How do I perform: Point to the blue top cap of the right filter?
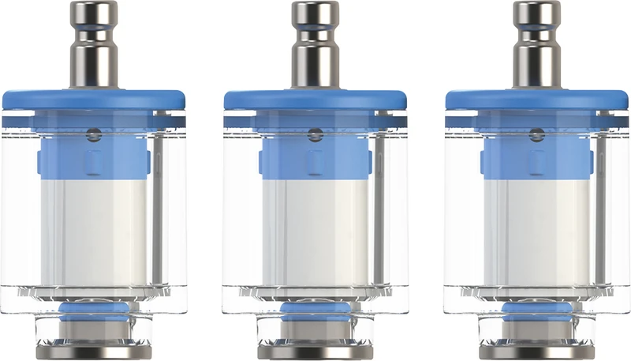[x=536, y=99]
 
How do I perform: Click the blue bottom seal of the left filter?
[x=93, y=307]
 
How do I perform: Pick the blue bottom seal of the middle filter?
[x=315, y=307]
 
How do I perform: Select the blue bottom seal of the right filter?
[x=536, y=307]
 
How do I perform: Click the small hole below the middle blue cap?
[x=315, y=134]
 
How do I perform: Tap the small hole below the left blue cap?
[x=94, y=134]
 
